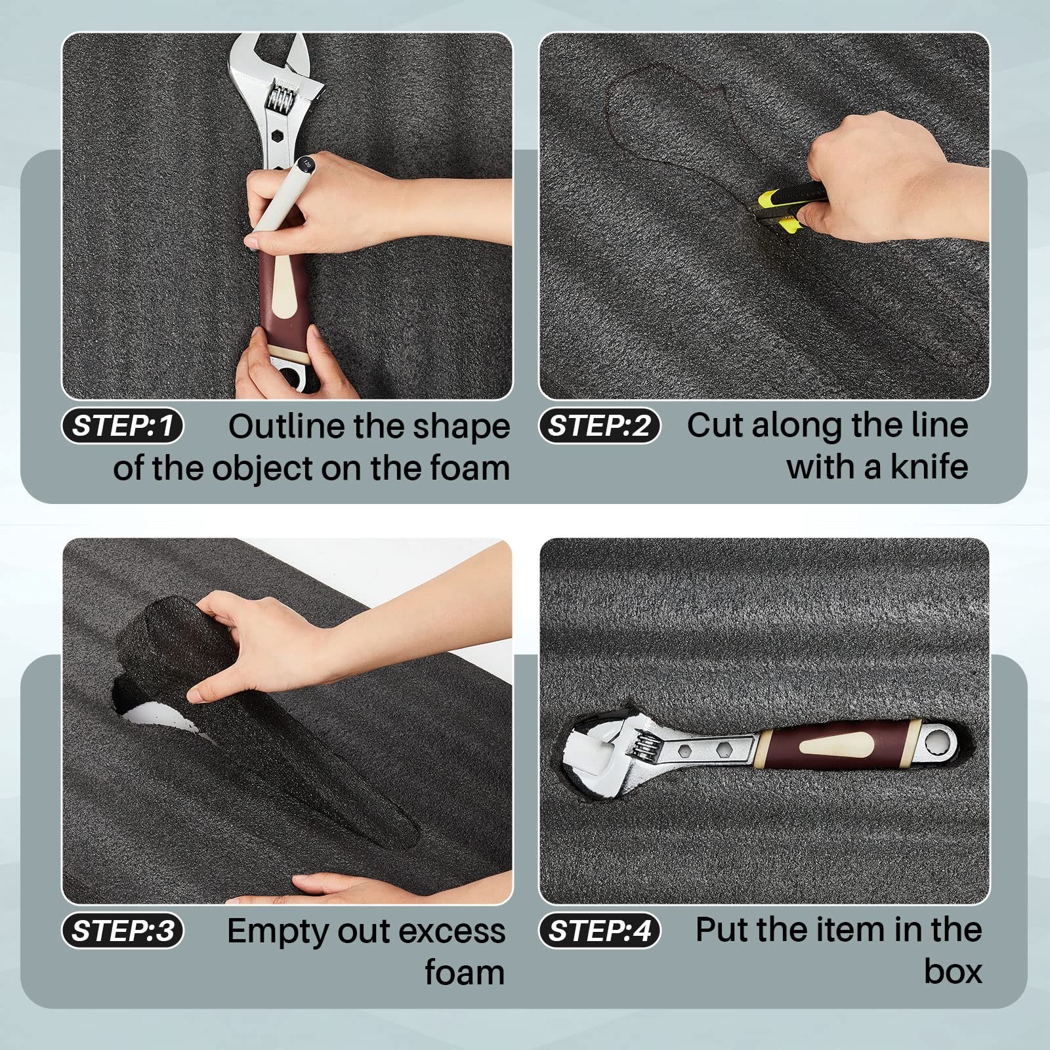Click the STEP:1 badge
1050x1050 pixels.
coord(123,426)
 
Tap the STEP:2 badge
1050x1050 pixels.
coord(600,426)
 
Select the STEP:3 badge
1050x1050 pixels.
coord(123,931)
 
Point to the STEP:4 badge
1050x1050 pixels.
coord(600,931)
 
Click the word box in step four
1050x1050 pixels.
coord(953,972)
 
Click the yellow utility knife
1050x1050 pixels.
coord(787,207)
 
